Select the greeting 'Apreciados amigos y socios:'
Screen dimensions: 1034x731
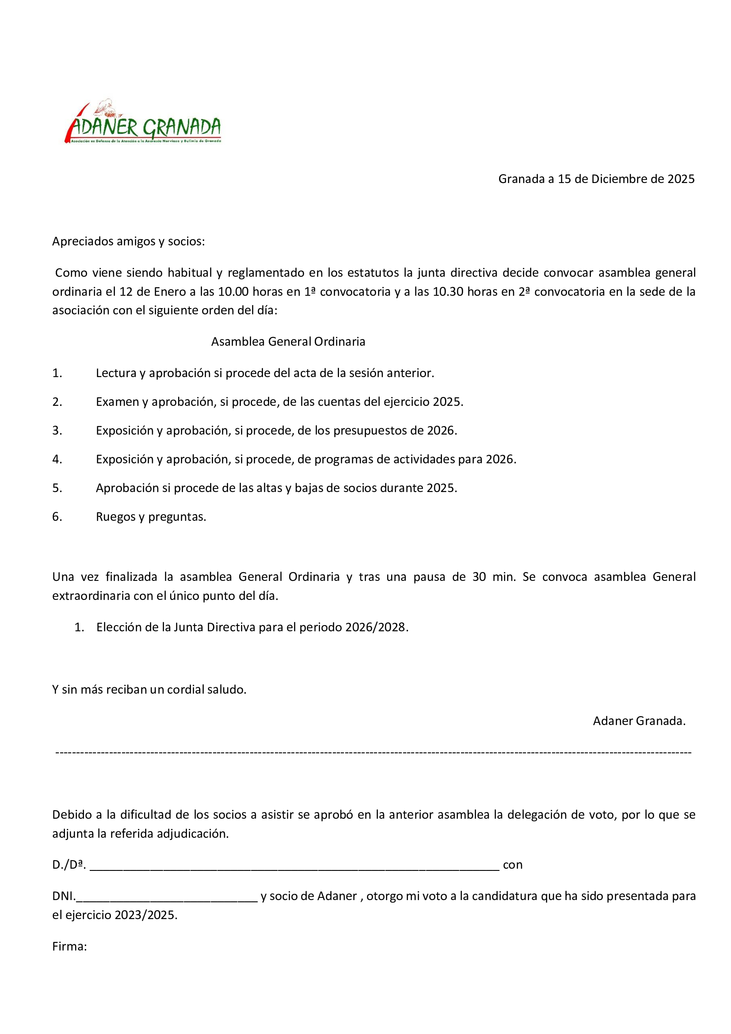pos(128,241)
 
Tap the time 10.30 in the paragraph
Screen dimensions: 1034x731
pos(448,291)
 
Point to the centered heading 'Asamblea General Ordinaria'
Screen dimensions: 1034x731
pos(288,341)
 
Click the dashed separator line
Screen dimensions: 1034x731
pos(373,752)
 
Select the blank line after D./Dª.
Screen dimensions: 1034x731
pos(294,866)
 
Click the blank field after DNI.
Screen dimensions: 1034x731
pos(167,897)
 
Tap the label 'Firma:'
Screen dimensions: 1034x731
pos(69,946)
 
